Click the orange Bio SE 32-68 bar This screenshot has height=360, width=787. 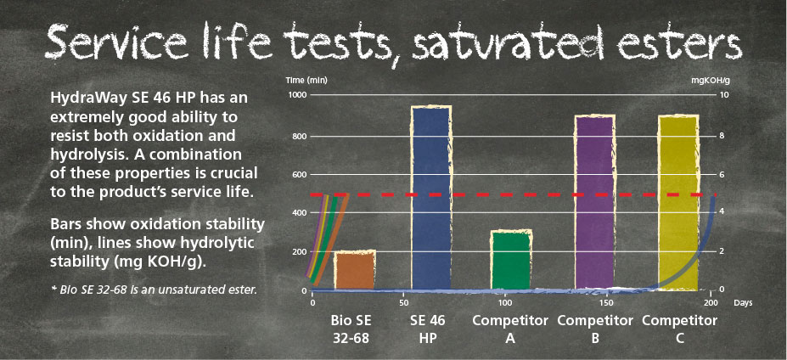(x=355, y=270)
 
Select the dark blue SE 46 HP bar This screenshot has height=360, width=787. (x=431, y=198)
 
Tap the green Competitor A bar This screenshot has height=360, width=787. (x=511, y=260)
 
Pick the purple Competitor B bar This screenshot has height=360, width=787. (x=594, y=202)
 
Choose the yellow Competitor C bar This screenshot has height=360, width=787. (x=678, y=202)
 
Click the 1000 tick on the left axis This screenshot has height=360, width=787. (x=295, y=95)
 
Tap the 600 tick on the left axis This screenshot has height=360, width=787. (x=298, y=175)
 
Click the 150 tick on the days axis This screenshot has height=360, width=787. (x=604, y=303)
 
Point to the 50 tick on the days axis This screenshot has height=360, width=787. (x=403, y=303)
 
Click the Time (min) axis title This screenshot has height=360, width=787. (x=306, y=80)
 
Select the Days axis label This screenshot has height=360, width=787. (x=742, y=303)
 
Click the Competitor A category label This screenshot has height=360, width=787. (x=510, y=329)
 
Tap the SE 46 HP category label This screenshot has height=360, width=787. (x=428, y=329)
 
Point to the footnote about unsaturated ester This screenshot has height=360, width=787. (x=153, y=290)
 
